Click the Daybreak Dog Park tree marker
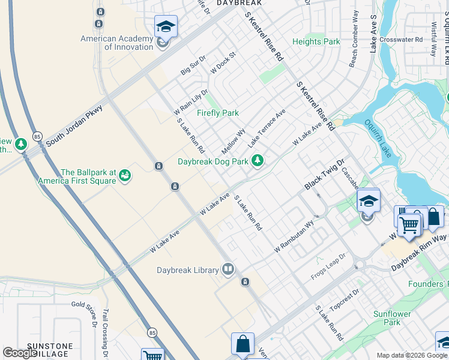(258, 160)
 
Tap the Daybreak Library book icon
(228, 269)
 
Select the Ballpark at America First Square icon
(125, 175)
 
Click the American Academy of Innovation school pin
(166, 27)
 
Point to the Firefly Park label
(218, 113)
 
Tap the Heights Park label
(316, 41)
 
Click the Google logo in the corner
(20, 353)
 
